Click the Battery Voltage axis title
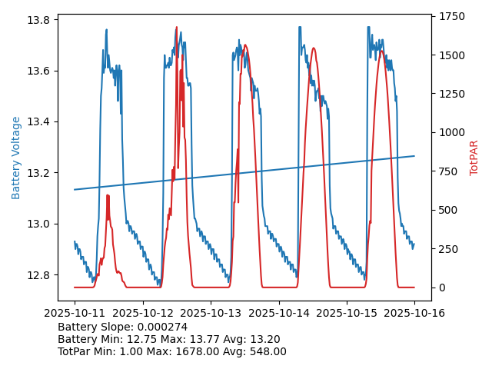pyautogui.click(x=16, y=158)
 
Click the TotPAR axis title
pyautogui.click(x=474, y=158)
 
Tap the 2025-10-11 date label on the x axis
pyautogui.click(x=75, y=314)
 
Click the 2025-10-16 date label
pyautogui.click(x=414, y=314)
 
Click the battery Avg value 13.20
pyautogui.click(x=263, y=340)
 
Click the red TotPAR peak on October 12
pyautogui.click(x=177, y=28)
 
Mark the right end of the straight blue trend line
pyautogui.click(x=414, y=156)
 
